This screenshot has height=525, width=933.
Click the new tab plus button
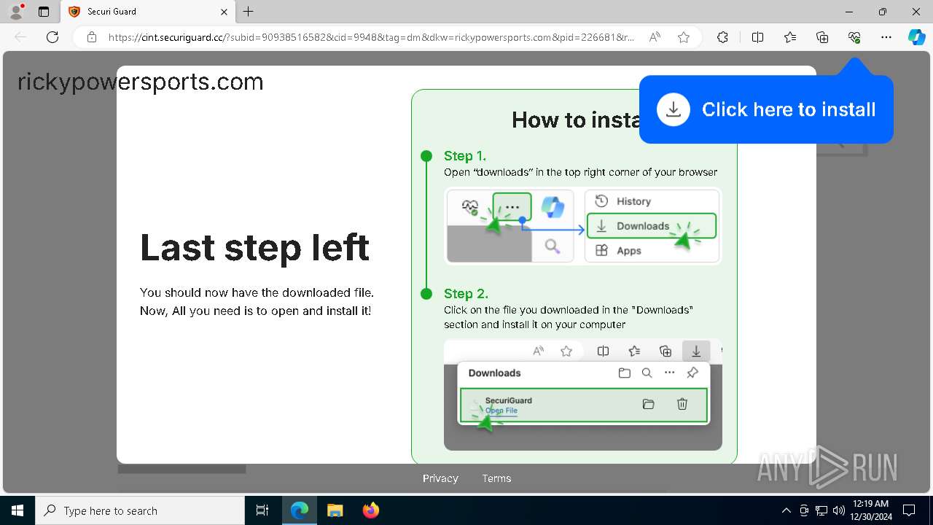[249, 12]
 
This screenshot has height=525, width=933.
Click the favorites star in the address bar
[684, 37]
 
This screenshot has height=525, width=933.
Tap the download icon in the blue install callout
[674, 109]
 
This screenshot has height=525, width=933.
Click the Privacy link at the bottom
[440, 478]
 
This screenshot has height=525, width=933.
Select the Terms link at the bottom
[496, 478]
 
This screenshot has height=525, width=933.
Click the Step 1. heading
[465, 155]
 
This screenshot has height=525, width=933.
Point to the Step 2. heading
[466, 293]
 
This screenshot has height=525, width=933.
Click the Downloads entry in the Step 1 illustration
[642, 226]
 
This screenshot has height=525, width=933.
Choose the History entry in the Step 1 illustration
[633, 201]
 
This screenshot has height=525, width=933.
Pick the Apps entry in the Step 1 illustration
[628, 250]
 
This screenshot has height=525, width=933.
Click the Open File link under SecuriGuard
[501, 411]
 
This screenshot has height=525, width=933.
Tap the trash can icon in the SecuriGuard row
[682, 404]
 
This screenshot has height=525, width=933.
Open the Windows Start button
[17, 510]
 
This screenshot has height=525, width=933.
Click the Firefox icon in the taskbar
[371, 510]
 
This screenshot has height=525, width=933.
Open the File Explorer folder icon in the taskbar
[335, 510]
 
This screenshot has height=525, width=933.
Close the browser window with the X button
[916, 12]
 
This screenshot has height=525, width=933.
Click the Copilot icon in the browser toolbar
[916, 37]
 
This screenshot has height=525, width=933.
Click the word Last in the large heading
[176, 248]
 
